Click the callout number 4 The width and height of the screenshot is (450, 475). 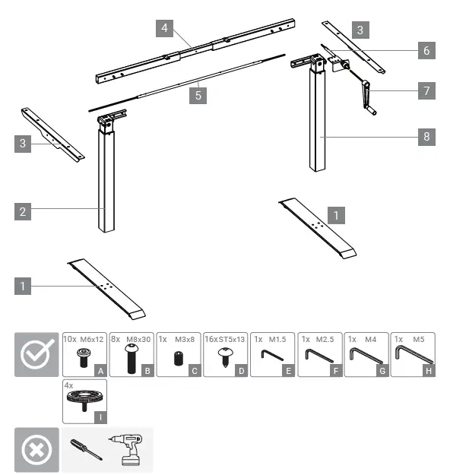pyautogui.click(x=163, y=28)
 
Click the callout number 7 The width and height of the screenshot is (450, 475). pyautogui.click(x=426, y=90)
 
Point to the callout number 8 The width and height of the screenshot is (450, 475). pyautogui.click(x=426, y=137)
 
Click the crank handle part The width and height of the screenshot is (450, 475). pyautogui.click(x=367, y=95)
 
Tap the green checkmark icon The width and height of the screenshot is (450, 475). pyautogui.click(x=36, y=354)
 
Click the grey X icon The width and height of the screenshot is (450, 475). pyautogui.click(x=36, y=450)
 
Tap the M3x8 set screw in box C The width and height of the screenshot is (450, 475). pyautogui.click(x=177, y=359)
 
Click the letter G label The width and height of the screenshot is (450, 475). pyautogui.click(x=382, y=369)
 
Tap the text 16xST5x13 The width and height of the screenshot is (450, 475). pyautogui.click(x=225, y=340)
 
